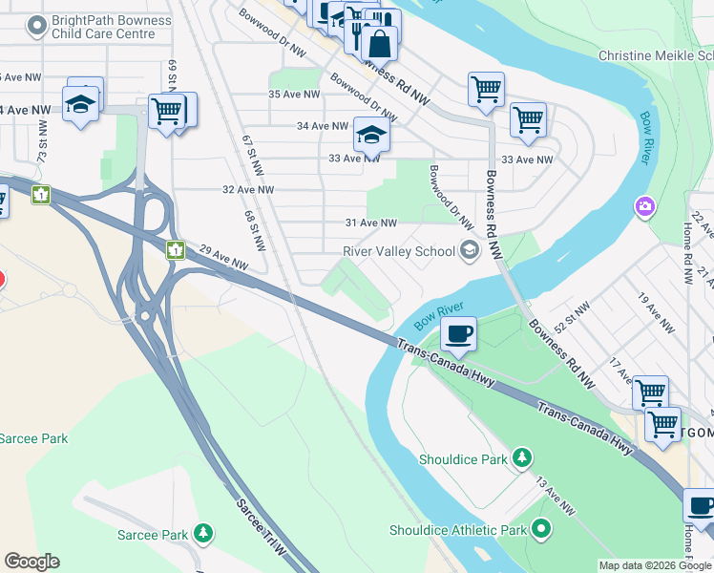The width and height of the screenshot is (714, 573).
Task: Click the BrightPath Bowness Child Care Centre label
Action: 113,27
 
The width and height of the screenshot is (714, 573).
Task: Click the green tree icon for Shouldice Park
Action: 521,459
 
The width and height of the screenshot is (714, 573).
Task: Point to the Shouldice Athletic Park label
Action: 458,530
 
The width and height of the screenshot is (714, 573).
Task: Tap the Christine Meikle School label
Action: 656,55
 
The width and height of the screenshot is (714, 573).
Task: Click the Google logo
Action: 31,562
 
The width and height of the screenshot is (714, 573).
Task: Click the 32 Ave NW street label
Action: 248,190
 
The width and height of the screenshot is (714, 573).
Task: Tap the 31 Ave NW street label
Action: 370,223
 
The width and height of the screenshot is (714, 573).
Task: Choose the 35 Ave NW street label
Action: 294,95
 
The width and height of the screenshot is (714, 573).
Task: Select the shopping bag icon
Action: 379,44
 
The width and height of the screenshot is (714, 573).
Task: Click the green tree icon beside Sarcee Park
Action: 202,533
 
